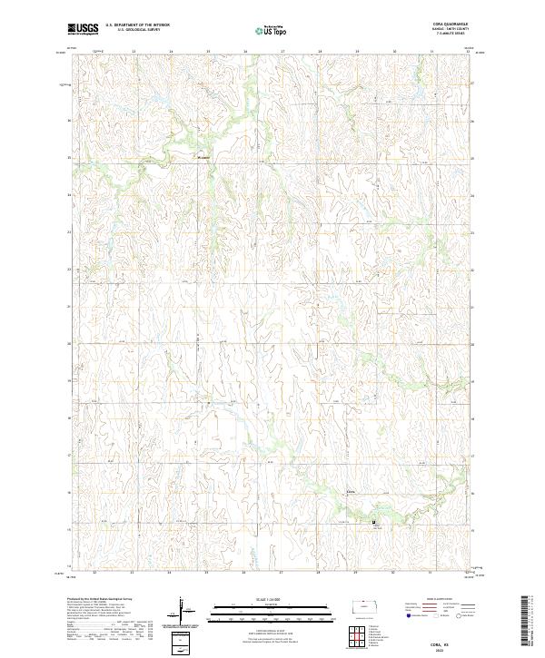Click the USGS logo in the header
pyautogui.click(x=84, y=29)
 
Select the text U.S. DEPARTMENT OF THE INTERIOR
pyautogui.click(x=137, y=25)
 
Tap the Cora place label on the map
pyautogui.click(x=352, y=494)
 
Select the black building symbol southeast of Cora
pyautogui.click(x=372, y=522)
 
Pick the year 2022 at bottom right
pyautogui.click(x=453, y=648)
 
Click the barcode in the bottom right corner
pyautogui.click(x=525, y=624)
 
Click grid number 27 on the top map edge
pyautogui.click(x=281, y=52)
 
